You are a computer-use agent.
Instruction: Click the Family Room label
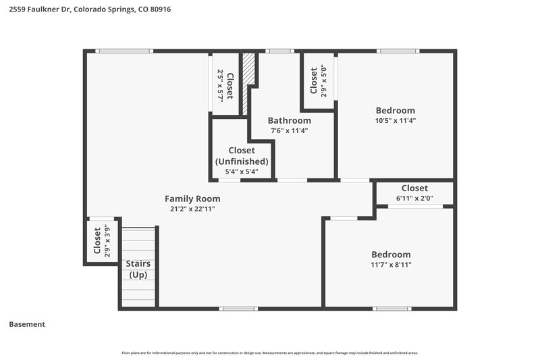coord(192,199)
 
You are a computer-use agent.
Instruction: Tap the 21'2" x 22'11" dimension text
coord(192,209)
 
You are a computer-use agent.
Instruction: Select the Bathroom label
coord(289,120)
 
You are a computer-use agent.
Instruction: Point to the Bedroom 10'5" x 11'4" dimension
coord(395,121)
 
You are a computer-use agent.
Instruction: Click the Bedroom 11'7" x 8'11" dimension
coord(391,265)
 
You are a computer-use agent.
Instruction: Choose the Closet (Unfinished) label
coord(242,156)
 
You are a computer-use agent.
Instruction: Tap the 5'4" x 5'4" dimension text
coord(242,172)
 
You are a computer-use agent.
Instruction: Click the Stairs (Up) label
coord(138,269)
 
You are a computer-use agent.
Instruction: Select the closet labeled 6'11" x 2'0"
coord(414,192)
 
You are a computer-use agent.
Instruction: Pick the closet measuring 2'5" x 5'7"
coord(225,86)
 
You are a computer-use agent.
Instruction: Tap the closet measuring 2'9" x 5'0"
coord(318,80)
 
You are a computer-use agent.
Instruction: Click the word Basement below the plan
coord(27,324)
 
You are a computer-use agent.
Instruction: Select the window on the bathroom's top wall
coord(279,51)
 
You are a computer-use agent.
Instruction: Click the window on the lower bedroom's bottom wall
coord(392,309)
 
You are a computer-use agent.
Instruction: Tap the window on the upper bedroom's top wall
coord(398,51)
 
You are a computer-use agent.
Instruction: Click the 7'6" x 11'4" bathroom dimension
coord(289,131)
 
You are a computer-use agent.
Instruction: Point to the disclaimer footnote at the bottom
coord(269,353)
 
